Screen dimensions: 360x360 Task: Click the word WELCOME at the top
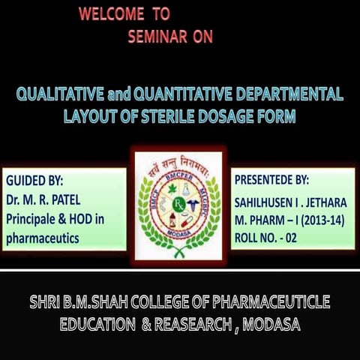coord(110,14)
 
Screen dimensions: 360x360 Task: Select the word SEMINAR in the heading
coord(159,38)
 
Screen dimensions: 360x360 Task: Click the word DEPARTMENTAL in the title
coord(295,95)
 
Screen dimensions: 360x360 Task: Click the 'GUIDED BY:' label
coord(34,181)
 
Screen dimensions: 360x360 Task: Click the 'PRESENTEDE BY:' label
coord(271,181)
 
